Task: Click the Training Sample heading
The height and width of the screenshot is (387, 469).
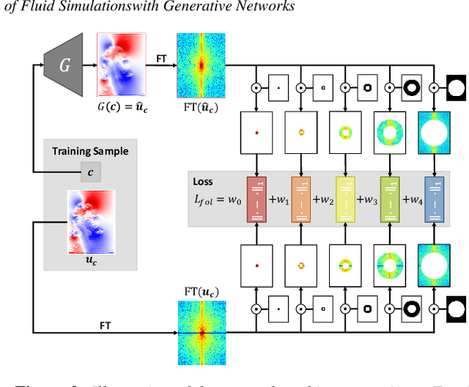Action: point(90,152)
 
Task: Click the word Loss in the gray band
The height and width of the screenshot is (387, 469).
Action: point(203,182)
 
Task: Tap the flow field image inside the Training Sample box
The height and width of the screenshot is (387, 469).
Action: point(91,220)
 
